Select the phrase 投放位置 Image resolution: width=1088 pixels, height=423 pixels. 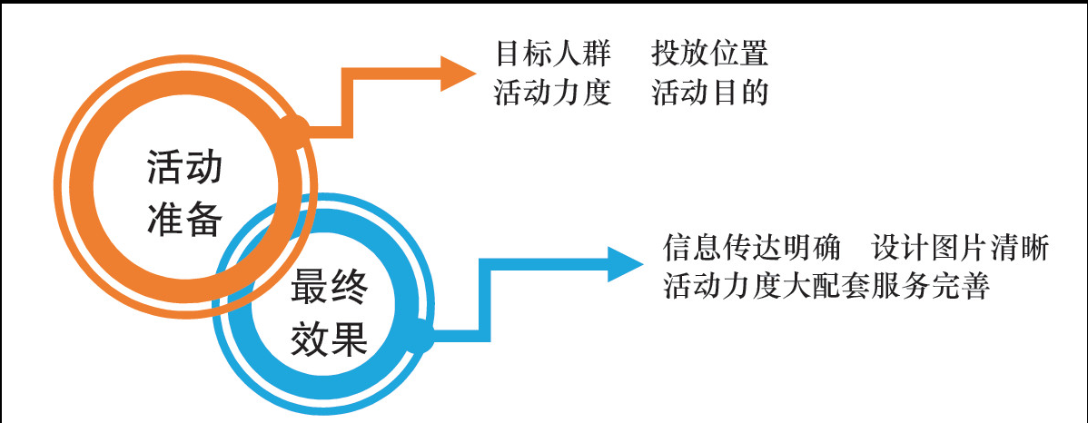[x=710, y=54]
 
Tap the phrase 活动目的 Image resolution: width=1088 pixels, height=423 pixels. [x=710, y=93]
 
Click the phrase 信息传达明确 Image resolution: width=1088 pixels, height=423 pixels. [x=755, y=248]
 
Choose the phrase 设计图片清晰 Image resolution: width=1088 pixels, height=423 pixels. [x=961, y=248]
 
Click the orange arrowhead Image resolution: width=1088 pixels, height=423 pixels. [x=457, y=74]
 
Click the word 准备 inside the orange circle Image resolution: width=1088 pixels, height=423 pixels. [x=184, y=220]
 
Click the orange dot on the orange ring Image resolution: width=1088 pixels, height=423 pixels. [x=295, y=128]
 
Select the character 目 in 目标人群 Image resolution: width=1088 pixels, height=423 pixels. [x=508, y=54]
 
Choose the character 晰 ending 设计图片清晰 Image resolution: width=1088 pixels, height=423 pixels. [x=1036, y=248]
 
